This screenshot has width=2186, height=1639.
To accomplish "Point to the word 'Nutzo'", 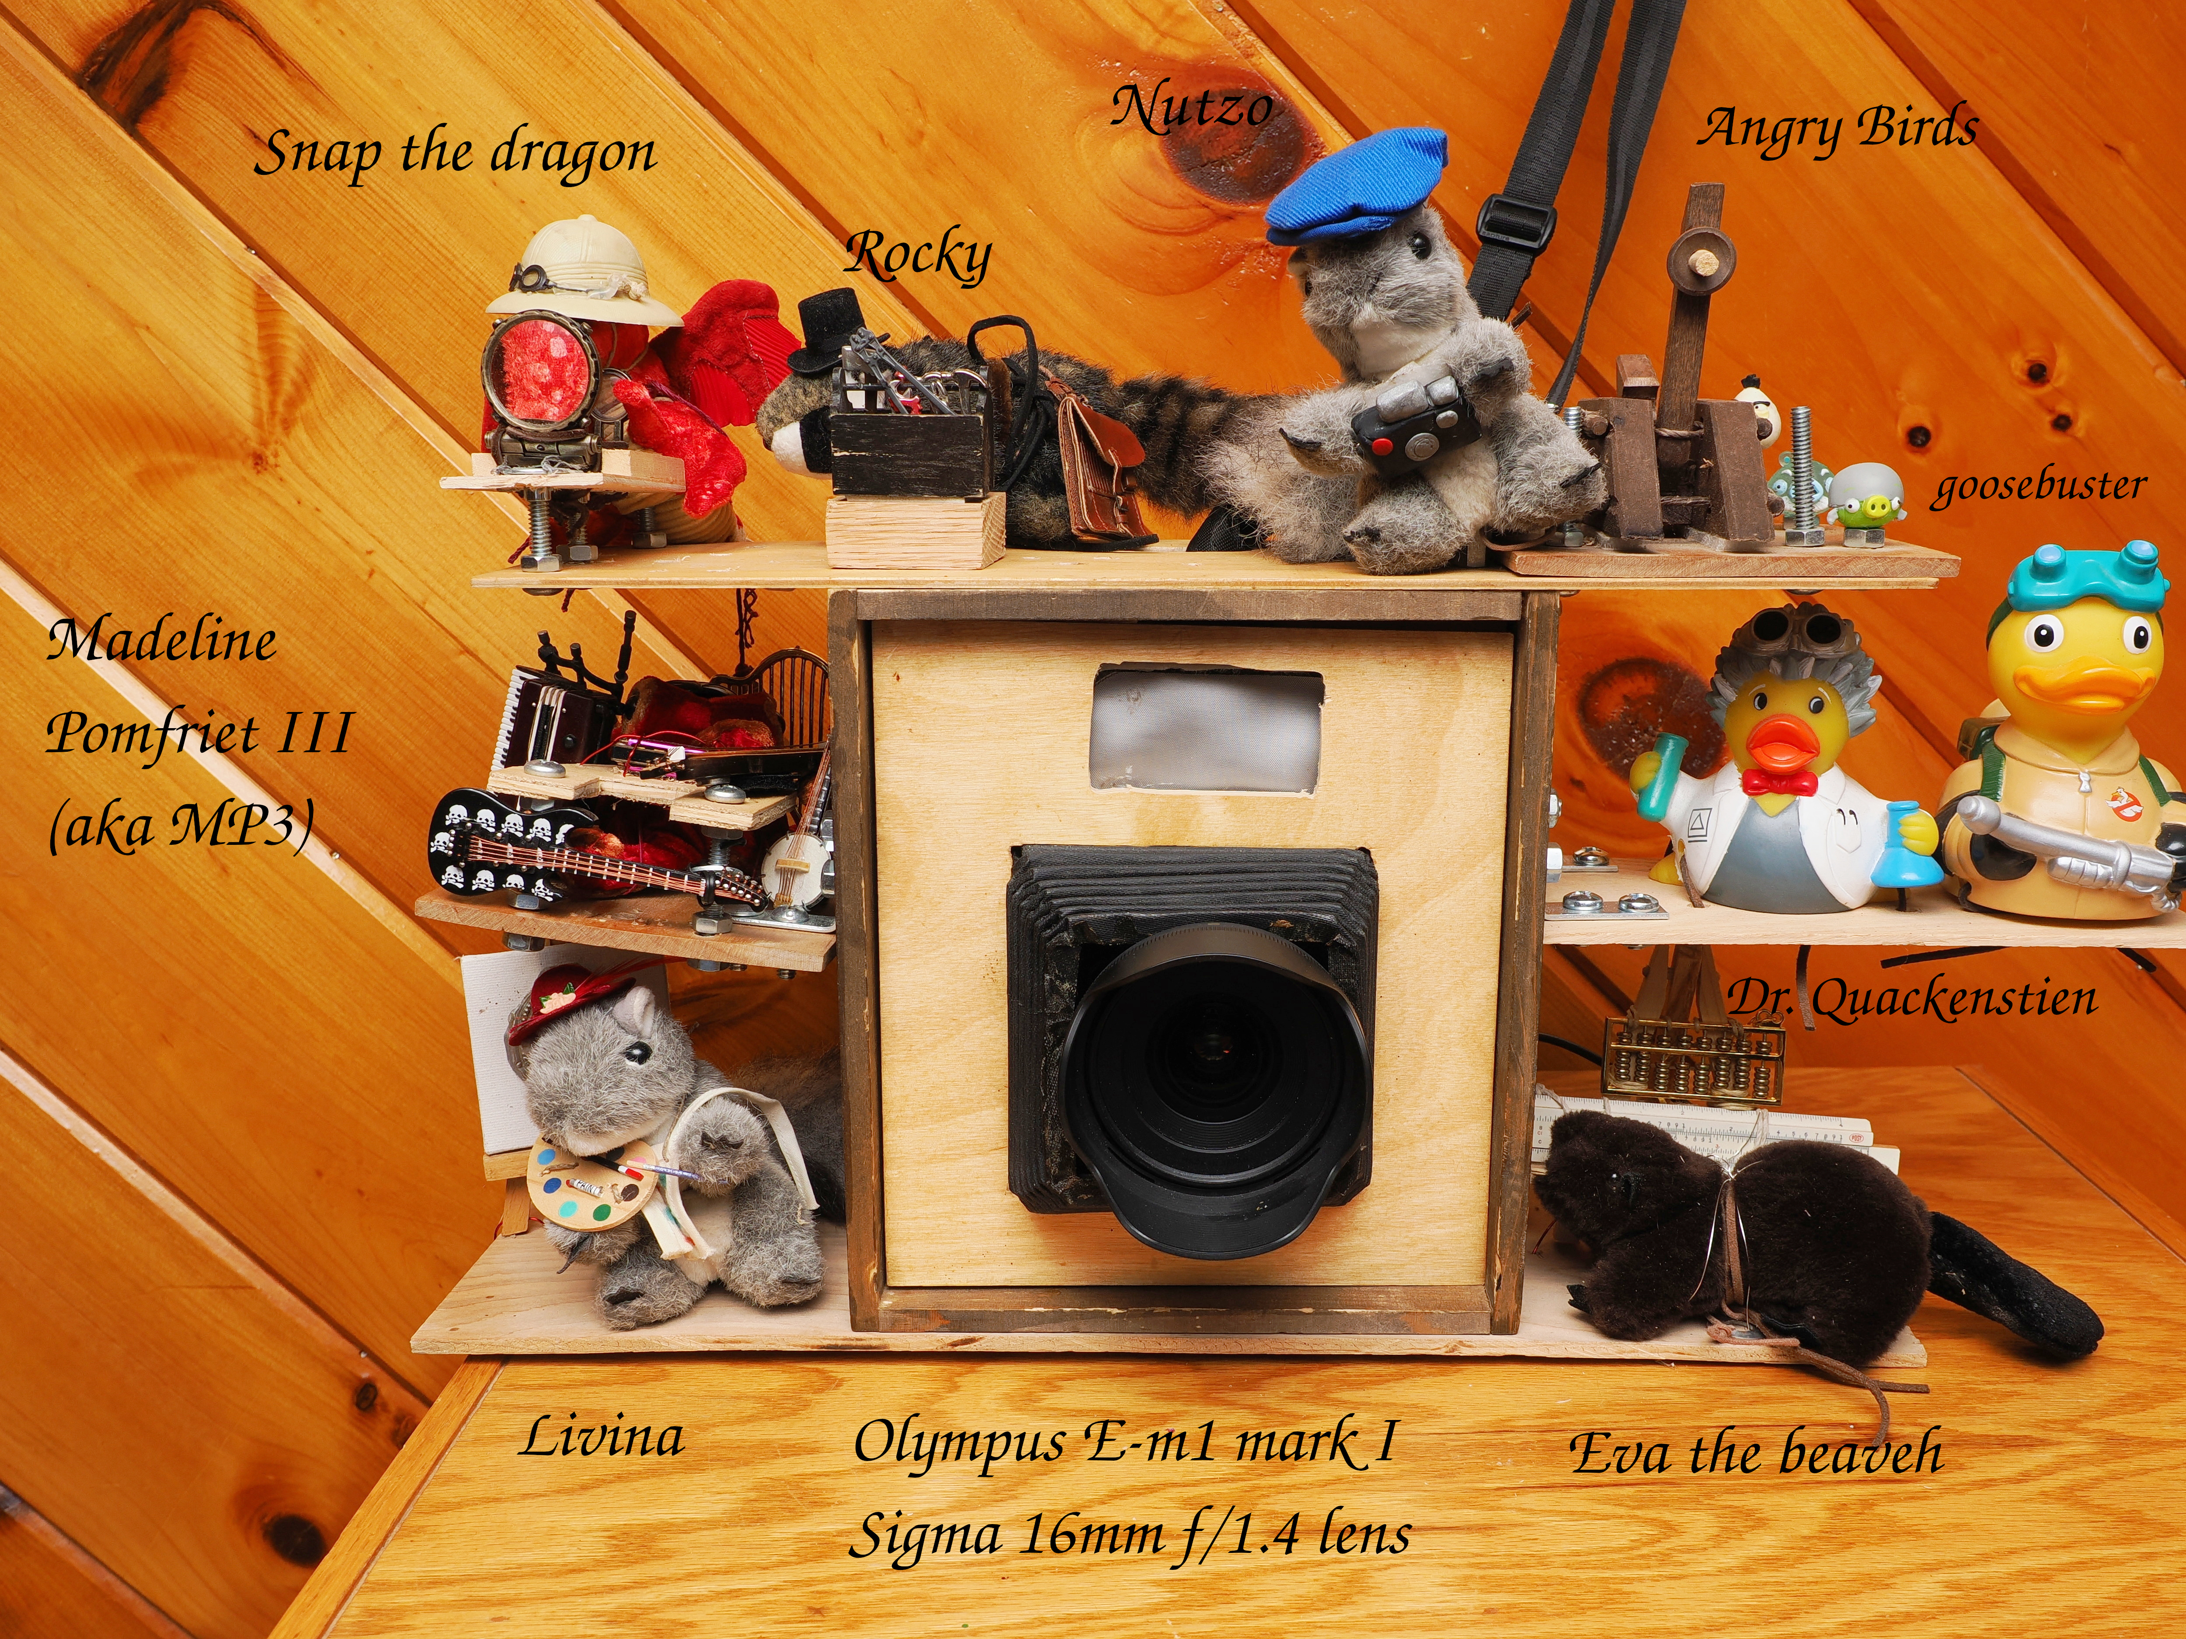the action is coord(1191,107).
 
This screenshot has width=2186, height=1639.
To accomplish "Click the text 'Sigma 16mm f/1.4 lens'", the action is coord(1130,1536).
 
